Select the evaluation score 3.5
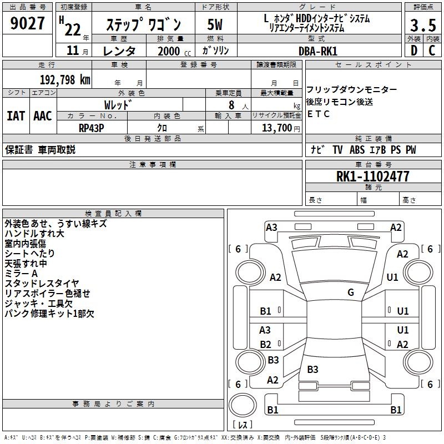click(423, 26)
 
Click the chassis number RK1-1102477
click(373, 176)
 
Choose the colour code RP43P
click(92, 127)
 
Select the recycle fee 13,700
click(274, 127)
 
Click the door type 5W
click(215, 26)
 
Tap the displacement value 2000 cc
click(169, 51)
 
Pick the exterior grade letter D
click(413, 51)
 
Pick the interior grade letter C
click(432, 51)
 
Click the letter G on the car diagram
click(351, 292)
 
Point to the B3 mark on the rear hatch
click(312, 370)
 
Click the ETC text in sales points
click(319, 114)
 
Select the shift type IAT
click(16, 115)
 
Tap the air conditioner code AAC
click(43, 115)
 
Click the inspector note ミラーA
click(21, 274)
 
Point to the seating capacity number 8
click(230, 105)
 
